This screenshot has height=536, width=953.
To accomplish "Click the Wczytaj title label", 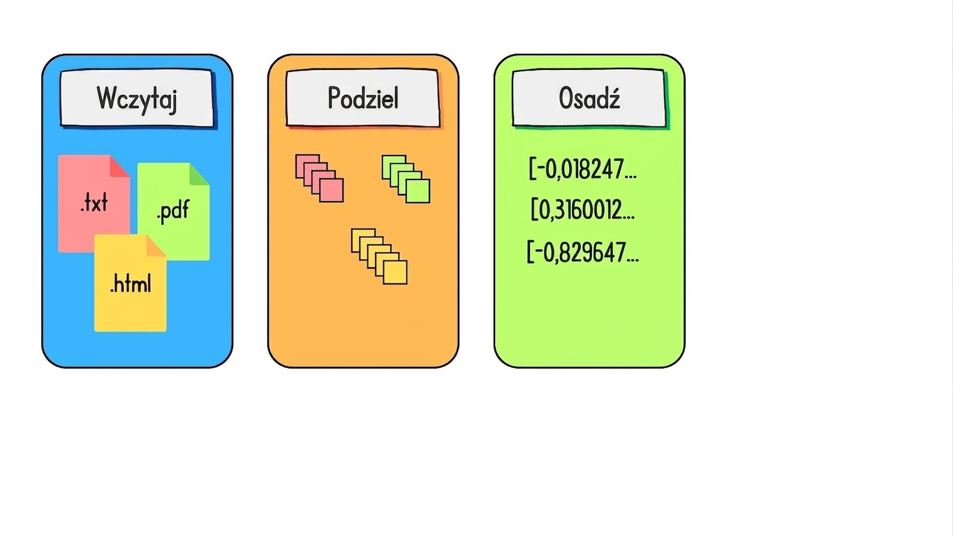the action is click(137, 98).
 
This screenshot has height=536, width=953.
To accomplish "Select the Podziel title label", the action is click(363, 98).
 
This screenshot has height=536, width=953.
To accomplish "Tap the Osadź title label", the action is click(589, 98).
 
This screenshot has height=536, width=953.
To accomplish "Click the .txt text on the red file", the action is click(94, 202).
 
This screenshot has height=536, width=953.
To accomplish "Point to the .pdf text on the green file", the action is click(172, 211).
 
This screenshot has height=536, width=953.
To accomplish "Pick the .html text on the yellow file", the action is click(130, 283).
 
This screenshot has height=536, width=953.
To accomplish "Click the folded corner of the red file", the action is click(120, 166).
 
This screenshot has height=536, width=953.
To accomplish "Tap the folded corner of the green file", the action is click(199, 174).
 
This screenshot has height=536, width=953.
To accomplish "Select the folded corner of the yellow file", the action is click(156, 246).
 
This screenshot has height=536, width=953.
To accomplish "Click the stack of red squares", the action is click(320, 178).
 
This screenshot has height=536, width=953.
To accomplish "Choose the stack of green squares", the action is click(406, 179).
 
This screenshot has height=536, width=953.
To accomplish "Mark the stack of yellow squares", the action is click(379, 257).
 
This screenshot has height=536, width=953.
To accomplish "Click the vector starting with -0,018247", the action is click(583, 169).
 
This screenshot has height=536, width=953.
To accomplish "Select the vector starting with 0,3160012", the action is click(583, 209).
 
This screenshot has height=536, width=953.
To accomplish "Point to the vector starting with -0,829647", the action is click(583, 252).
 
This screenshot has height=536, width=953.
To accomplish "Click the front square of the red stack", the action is click(332, 190).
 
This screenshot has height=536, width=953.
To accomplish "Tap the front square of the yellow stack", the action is click(395, 272).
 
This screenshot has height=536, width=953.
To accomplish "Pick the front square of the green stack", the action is click(418, 191).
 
